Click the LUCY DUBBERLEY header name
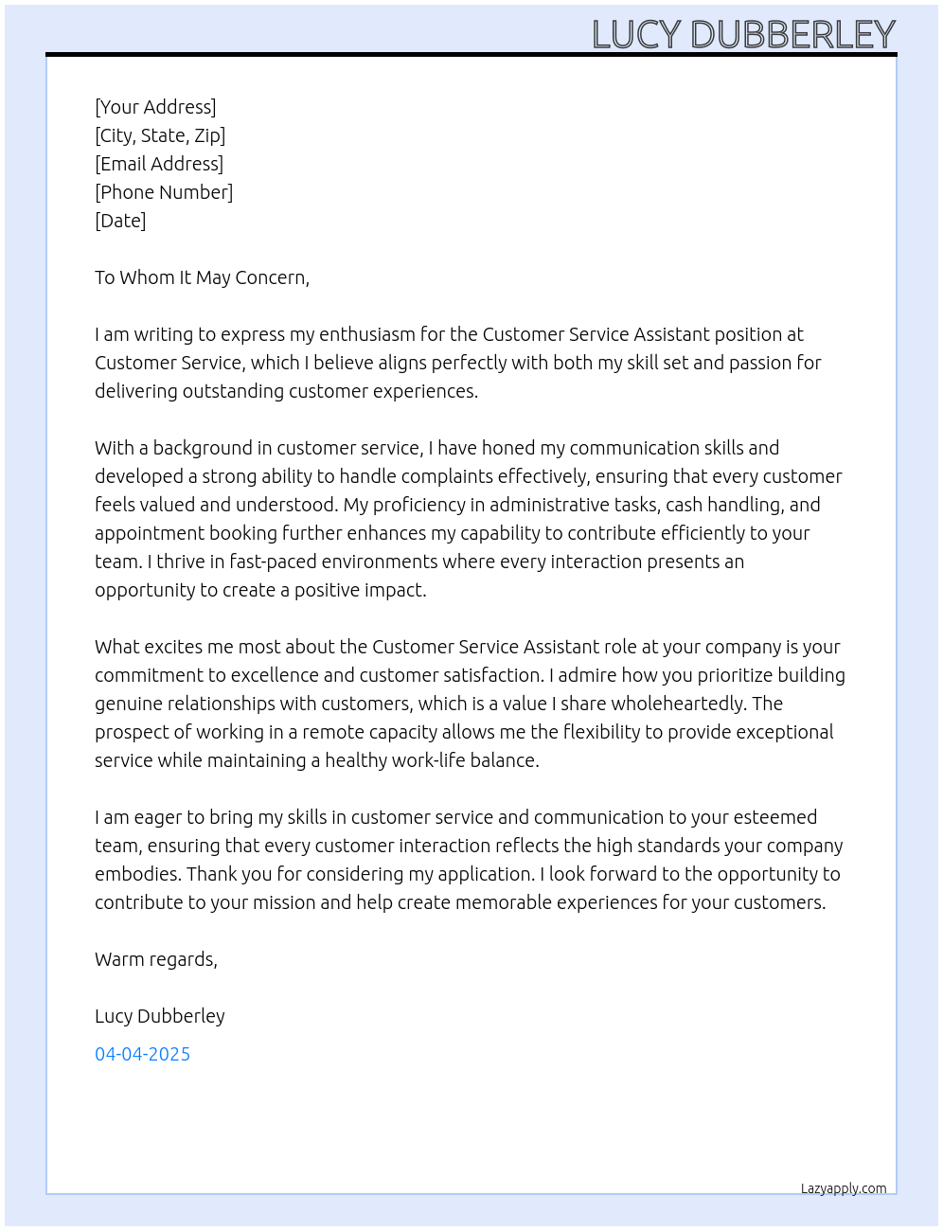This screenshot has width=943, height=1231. tap(743, 35)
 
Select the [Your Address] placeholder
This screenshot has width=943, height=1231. tap(155, 107)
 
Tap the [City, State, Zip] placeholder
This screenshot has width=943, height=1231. tap(160, 135)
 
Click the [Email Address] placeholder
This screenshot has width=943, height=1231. tap(159, 164)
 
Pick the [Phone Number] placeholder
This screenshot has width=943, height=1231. tap(164, 192)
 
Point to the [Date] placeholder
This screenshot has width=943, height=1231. tap(120, 221)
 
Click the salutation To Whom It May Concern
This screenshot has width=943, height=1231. tap(202, 277)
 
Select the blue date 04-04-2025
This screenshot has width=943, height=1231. tap(142, 1054)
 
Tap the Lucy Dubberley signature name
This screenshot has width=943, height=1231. tap(160, 1016)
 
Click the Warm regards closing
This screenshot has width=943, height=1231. tap(155, 959)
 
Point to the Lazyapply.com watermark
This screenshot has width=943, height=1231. tap(844, 1188)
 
